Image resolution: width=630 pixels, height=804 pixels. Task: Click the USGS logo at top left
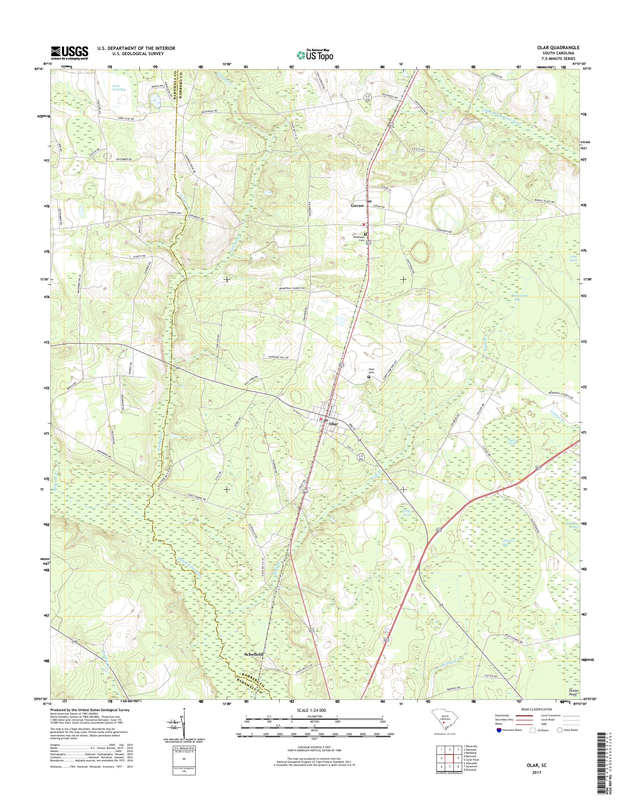point(69,52)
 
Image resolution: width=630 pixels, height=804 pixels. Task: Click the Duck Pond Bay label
point(119,87)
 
